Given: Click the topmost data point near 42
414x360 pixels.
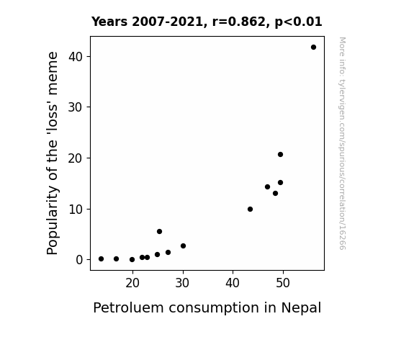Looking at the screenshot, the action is coord(313,48).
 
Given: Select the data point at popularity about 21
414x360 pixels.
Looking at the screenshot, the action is coord(280,155).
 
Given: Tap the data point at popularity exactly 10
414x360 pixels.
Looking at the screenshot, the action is coord(250,210).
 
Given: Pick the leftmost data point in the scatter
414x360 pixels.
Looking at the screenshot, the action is coord(101,259).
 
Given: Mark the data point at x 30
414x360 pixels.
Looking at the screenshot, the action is coord(183,246).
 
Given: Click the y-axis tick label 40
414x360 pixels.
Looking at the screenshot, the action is coord(76,57).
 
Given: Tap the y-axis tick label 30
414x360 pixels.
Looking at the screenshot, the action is coord(76,107).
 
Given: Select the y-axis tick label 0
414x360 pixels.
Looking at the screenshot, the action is coord(79,260).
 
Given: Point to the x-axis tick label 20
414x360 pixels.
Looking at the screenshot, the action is coord(132,283).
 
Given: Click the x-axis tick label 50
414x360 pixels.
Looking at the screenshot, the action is coord(283,283).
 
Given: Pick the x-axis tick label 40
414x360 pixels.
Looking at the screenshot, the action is coord(233,283).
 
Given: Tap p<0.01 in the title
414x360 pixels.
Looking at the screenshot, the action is coord(298,22).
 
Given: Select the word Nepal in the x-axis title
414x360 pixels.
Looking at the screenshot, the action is coord(301,308).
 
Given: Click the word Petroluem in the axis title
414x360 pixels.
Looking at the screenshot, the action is coord(128,308).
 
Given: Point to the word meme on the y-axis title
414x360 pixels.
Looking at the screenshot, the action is coord(53,73).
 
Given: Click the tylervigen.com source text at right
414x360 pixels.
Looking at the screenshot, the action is coord(342,143).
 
